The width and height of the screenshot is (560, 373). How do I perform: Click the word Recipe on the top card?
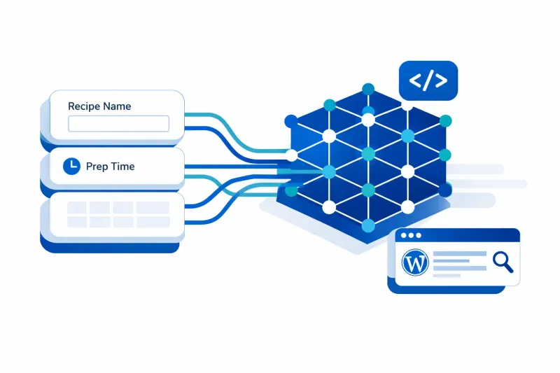(x=83, y=106)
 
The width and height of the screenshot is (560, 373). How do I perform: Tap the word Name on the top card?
(x=117, y=106)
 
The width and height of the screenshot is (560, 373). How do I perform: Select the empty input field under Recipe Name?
(x=118, y=124)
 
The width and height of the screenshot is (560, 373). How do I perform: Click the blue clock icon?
(x=71, y=167)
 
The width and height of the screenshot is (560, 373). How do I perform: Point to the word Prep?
(x=97, y=167)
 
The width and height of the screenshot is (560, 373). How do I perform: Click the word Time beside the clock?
(x=123, y=167)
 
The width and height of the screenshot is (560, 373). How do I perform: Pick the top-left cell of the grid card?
(x=78, y=208)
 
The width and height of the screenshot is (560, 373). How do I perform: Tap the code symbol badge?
(x=428, y=80)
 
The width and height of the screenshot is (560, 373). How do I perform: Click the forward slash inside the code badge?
(x=428, y=80)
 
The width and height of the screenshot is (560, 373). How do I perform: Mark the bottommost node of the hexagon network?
(x=367, y=225)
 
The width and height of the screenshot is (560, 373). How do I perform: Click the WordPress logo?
(x=414, y=263)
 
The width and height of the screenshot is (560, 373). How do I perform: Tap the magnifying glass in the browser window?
(x=503, y=262)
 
